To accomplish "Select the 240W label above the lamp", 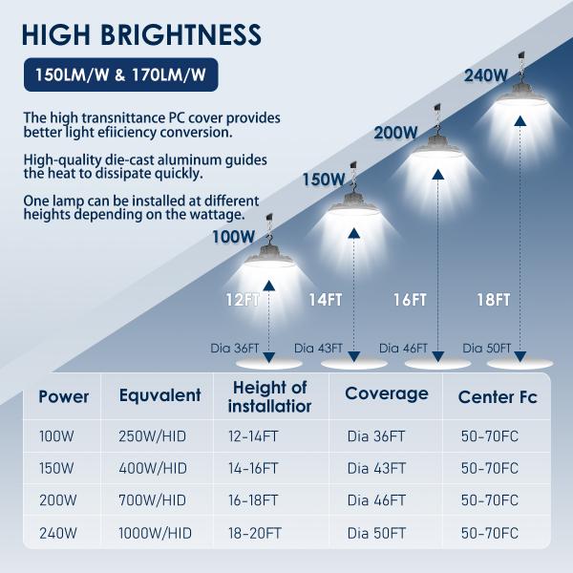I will pos(485,75).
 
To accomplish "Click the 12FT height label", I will pos(243,300).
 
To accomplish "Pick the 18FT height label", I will pos(493,300).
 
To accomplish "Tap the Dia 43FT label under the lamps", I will pos(317,349).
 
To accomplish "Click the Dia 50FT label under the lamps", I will pos(487,349).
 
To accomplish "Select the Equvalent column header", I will pos(159,395).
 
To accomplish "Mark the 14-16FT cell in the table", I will pos(253,469).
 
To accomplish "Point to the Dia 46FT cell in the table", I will pos(376,499).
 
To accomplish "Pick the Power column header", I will pos(64,395).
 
